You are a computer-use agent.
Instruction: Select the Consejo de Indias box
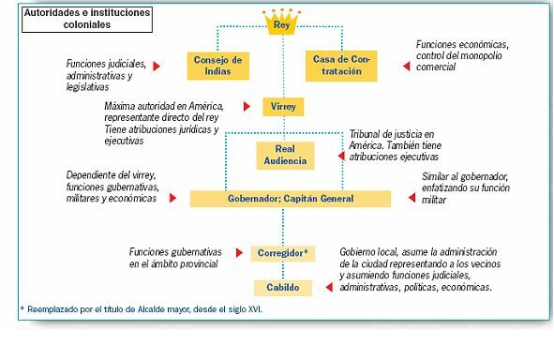(x=218, y=65)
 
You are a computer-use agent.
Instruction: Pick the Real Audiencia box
(x=285, y=155)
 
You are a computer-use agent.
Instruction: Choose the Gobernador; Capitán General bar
(x=290, y=199)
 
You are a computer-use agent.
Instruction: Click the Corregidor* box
(x=283, y=253)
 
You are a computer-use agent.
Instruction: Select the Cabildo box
(x=282, y=288)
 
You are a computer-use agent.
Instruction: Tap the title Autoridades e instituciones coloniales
(x=74, y=22)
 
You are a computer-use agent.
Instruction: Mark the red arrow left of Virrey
(x=245, y=107)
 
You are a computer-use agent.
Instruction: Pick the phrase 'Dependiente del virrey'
(x=110, y=175)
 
